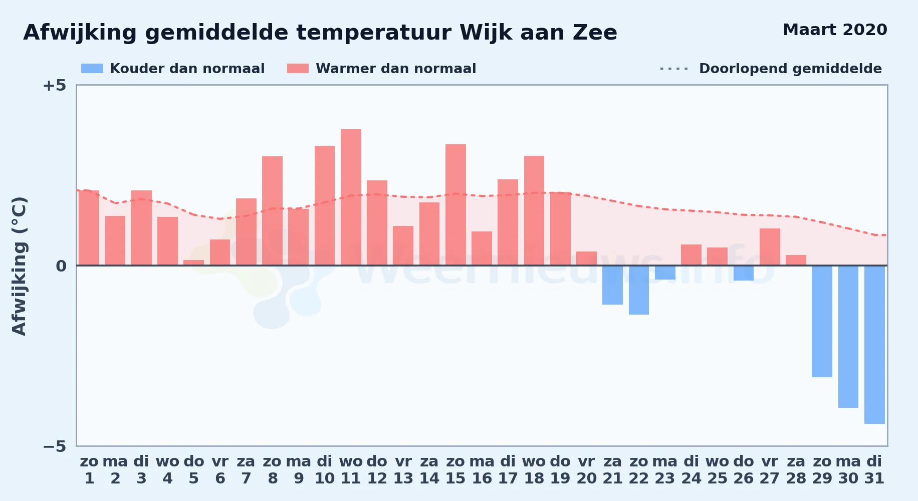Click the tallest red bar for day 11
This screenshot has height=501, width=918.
(351, 197)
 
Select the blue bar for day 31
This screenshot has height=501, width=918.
(874, 345)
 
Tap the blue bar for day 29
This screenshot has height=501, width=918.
(822, 321)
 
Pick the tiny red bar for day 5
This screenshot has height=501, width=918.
(193, 263)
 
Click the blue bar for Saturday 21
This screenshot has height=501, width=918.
(612, 285)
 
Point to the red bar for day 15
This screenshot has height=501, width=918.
(455, 205)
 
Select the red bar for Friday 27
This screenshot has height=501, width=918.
(770, 247)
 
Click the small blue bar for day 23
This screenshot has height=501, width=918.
(665, 273)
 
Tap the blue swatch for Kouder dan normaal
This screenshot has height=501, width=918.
(92, 69)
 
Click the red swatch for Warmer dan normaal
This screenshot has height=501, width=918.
(298, 69)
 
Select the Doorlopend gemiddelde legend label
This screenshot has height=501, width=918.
(790, 69)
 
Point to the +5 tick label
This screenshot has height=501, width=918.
(54, 85)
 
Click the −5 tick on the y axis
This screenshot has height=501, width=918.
(54, 446)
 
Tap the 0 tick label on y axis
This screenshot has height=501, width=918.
(61, 266)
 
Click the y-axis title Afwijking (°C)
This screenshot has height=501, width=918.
(19, 266)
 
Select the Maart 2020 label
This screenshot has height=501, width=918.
(835, 30)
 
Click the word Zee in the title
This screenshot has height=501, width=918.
(595, 33)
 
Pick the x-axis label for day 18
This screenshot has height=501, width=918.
(534, 469)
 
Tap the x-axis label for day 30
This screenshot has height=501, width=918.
(848, 469)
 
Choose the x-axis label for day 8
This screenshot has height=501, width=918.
(272, 469)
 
